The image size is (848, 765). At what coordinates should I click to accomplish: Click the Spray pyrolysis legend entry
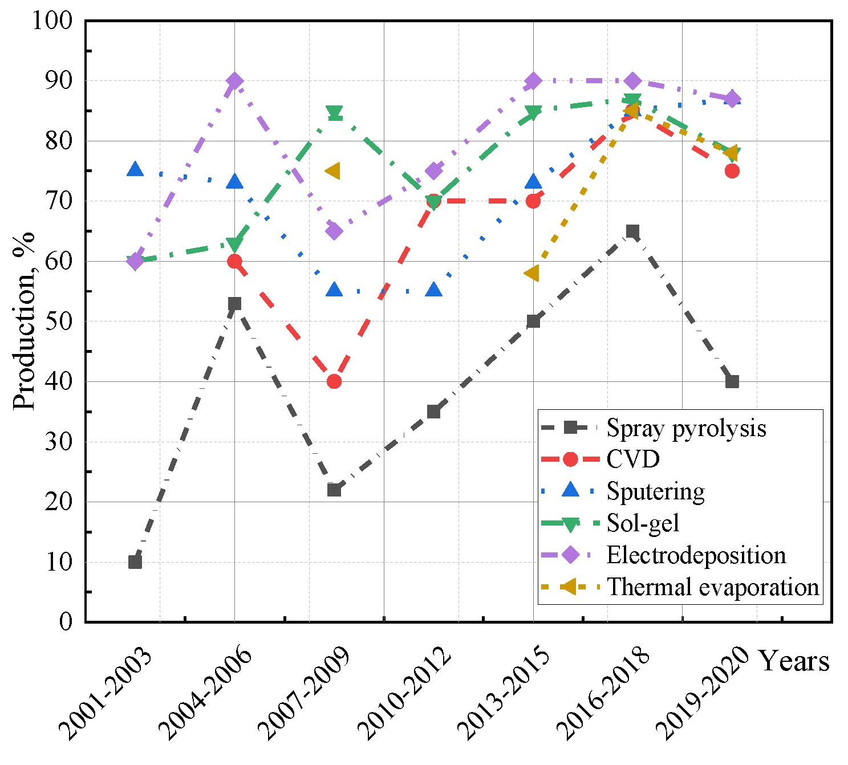686,428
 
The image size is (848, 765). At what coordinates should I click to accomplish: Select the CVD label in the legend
633,459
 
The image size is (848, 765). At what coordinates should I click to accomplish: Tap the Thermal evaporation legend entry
713,587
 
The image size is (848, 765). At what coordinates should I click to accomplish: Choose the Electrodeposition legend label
696,555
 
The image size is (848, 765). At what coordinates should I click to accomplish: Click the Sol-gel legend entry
643,523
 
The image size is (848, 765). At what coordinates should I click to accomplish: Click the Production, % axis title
24,320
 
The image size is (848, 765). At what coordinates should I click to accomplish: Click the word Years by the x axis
793,661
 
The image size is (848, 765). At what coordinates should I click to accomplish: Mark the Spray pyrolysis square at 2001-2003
135,562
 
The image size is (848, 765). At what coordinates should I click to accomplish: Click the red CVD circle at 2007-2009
334,381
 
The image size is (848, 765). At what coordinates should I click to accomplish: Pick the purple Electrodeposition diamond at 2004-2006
234,81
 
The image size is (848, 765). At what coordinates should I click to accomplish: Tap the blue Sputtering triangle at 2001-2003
135,169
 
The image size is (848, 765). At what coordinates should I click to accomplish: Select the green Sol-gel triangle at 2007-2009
334,112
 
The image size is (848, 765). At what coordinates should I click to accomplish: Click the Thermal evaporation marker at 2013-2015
532,274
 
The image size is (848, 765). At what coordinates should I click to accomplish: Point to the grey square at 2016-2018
632,231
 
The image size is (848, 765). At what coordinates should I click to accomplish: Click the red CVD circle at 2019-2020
732,171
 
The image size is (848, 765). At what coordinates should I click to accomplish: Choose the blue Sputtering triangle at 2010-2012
434,290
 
